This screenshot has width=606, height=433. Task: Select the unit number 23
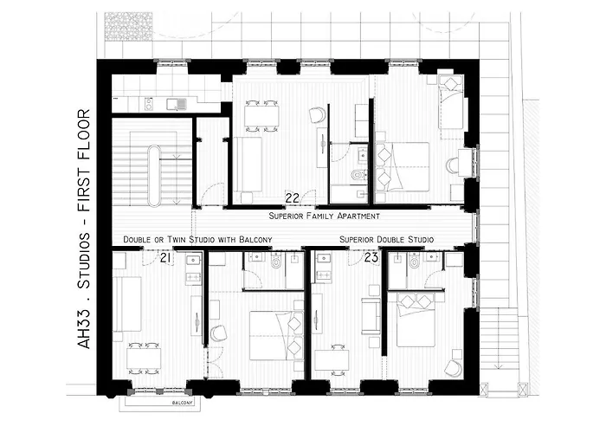coord(371,257)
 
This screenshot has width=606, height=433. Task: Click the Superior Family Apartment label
coord(324,216)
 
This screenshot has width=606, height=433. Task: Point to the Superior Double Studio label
coord(387,239)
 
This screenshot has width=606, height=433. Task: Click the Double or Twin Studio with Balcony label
coord(198,239)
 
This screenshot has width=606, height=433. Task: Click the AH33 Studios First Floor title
coord(84,229)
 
